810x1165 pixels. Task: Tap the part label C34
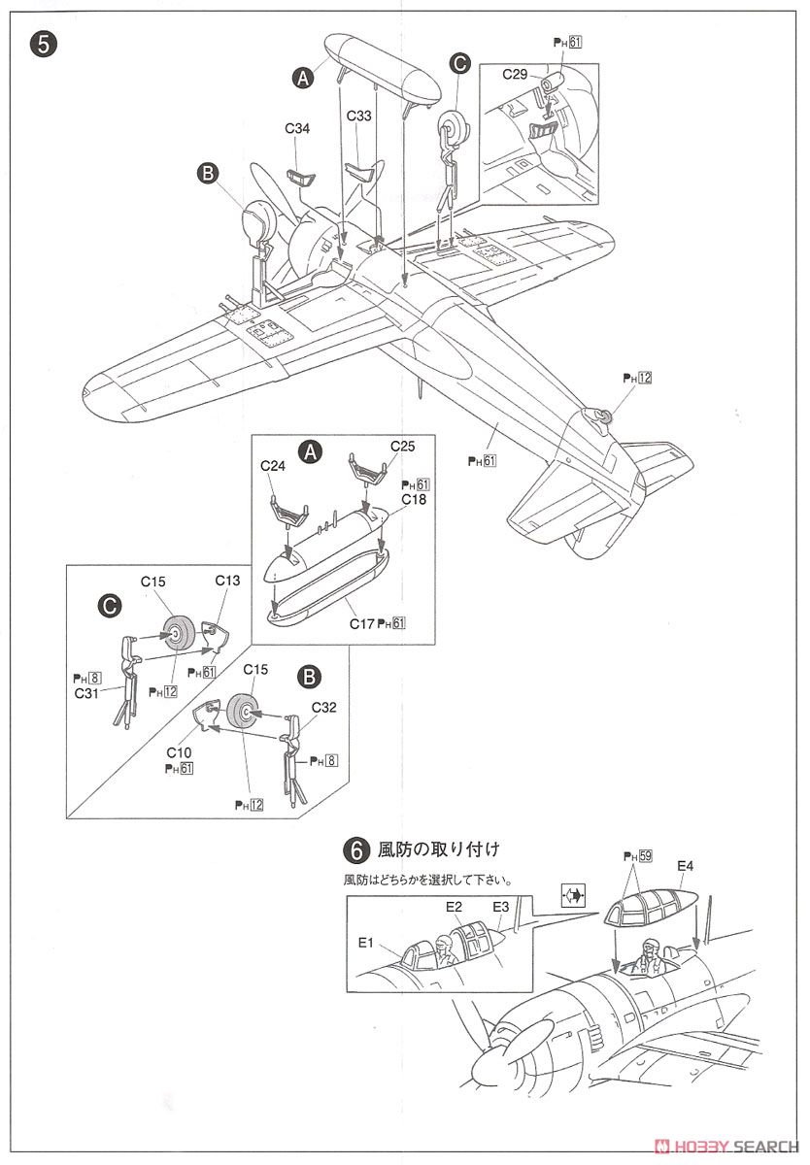[x=297, y=127]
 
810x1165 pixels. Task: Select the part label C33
[x=359, y=114]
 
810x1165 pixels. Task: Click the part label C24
[x=274, y=465]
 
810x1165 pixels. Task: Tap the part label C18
[x=415, y=498]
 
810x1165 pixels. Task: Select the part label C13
[x=227, y=581]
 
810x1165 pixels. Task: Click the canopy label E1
[x=366, y=942]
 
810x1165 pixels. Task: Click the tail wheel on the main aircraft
[x=599, y=416]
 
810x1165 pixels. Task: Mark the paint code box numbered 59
[x=645, y=857]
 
